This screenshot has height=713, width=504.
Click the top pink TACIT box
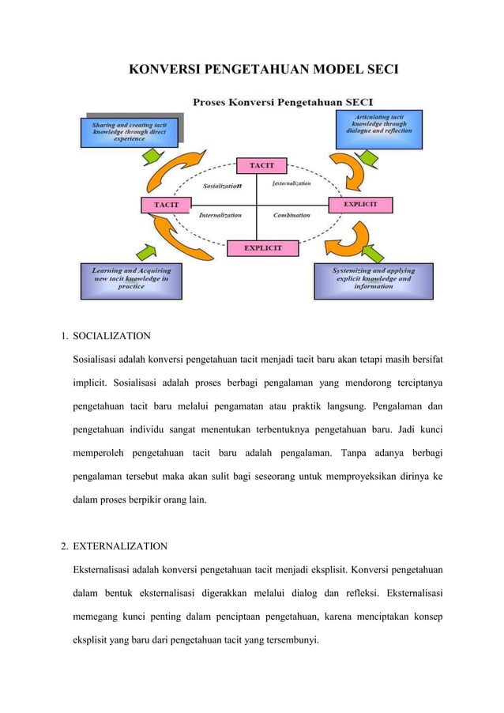pyautogui.click(x=262, y=165)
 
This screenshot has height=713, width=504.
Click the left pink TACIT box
pyautogui.click(x=165, y=205)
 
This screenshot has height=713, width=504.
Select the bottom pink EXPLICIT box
pyautogui.click(x=263, y=248)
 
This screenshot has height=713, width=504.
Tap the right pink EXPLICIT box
pyautogui.click(x=359, y=205)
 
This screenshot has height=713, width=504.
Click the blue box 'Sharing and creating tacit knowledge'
pyautogui.click(x=129, y=131)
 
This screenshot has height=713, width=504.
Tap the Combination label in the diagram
pyautogui.click(x=291, y=214)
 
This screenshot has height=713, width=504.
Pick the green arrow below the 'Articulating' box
pyautogui.click(x=368, y=160)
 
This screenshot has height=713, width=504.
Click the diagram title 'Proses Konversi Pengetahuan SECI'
pyautogui.click(x=284, y=101)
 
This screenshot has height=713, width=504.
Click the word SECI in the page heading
pyautogui.click(x=379, y=70)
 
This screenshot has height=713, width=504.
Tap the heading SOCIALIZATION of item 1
pyautogui.click(x=111, y=337)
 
